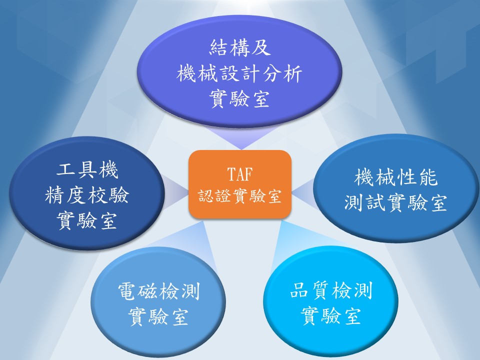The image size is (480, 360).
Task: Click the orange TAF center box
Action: pyautogui.click(x=239, y=184)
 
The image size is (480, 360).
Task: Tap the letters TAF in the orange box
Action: pyautogui.click(x=239, y=174)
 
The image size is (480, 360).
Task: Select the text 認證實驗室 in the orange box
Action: pyautogui.click(x=239, y=196)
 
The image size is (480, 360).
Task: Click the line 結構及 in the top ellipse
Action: pyautogui.click(x=239, y=48)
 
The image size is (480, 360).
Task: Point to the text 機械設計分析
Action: pyautogui.click(x=239, y=74)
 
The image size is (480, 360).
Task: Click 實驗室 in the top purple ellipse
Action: pyautogui.click(x=239, y=99)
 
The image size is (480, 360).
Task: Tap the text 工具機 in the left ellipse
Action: pyautogui.click(x=87, y=170)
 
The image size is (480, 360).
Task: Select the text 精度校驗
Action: pyautogui.click(x=87, y=195)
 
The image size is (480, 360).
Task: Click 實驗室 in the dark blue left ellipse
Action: pyautogui.click(x=87, y=220)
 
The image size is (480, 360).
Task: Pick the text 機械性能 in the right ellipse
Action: pyautogui.click(x=396, y=177)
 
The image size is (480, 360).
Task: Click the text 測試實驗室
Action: pyautogui.click(x=396, y=202)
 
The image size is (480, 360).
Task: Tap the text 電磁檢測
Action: pyautogui.click(x=159, y=291)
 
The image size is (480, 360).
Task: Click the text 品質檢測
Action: pyautogui.click(x=331, y=290)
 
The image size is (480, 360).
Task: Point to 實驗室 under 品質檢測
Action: pyautogui.click(x=331, y=316)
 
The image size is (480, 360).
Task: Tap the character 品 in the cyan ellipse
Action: pyautogui.click(x=299, y=290)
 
